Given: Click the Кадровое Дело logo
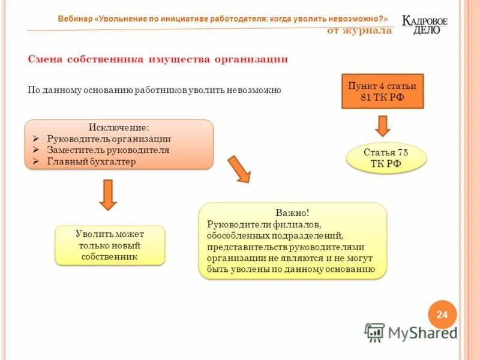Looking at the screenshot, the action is (x=425, y=24).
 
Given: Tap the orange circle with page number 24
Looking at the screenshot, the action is (x=442, y=314).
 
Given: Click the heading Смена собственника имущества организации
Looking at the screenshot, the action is (x=158, y=59).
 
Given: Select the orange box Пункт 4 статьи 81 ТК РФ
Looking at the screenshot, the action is (x=382, y=91).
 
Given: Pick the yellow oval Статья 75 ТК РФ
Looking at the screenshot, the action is (x=386, y=158).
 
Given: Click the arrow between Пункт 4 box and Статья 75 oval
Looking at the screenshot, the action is (x=383, y=125).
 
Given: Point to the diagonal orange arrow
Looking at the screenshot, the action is (x=238, y=169).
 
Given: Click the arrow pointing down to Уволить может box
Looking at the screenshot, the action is (x=107, y=194).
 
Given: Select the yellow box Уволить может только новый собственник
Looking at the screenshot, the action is (x=110, y=245).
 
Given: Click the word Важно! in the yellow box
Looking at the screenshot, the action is (x=292, y=213).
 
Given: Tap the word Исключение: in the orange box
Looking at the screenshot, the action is (x=119, y=128).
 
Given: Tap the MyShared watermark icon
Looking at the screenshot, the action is (x=374, y=332).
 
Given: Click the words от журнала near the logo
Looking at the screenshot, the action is (x=359, y=31).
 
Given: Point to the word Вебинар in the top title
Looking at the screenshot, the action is (x=75, y=19).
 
